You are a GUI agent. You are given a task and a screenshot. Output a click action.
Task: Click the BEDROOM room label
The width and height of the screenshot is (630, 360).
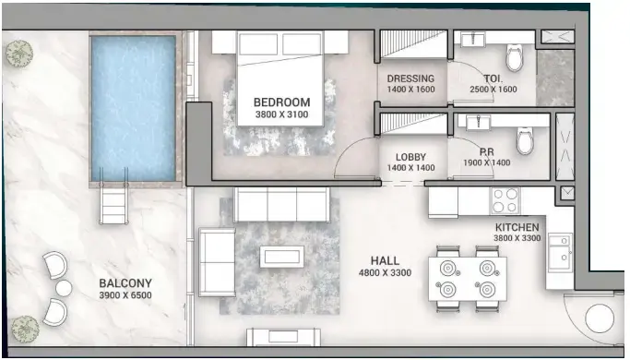281,102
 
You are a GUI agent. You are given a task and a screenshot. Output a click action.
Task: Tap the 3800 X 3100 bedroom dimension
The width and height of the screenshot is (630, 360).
281,115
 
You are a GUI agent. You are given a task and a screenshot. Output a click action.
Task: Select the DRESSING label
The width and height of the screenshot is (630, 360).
410,78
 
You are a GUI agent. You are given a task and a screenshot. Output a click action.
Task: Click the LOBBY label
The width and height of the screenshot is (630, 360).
410,157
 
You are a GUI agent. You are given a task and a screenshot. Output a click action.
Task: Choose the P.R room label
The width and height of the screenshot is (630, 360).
487,151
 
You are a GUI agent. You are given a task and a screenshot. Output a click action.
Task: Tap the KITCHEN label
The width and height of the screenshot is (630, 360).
516,226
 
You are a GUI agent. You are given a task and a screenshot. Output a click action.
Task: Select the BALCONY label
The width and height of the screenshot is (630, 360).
125,282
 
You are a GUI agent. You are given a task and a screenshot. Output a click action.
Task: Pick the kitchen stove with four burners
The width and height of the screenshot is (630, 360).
505,200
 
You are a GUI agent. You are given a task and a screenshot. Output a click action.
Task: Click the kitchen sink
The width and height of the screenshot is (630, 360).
559,250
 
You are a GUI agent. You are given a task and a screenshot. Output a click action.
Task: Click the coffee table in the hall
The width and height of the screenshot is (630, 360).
281,256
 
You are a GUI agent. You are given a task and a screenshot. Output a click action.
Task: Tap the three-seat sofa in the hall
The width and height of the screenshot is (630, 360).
281,204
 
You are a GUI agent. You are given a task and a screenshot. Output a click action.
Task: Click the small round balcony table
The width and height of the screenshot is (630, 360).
63,288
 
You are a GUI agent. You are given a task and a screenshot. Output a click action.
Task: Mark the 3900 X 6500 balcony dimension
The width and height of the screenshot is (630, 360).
125,295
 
